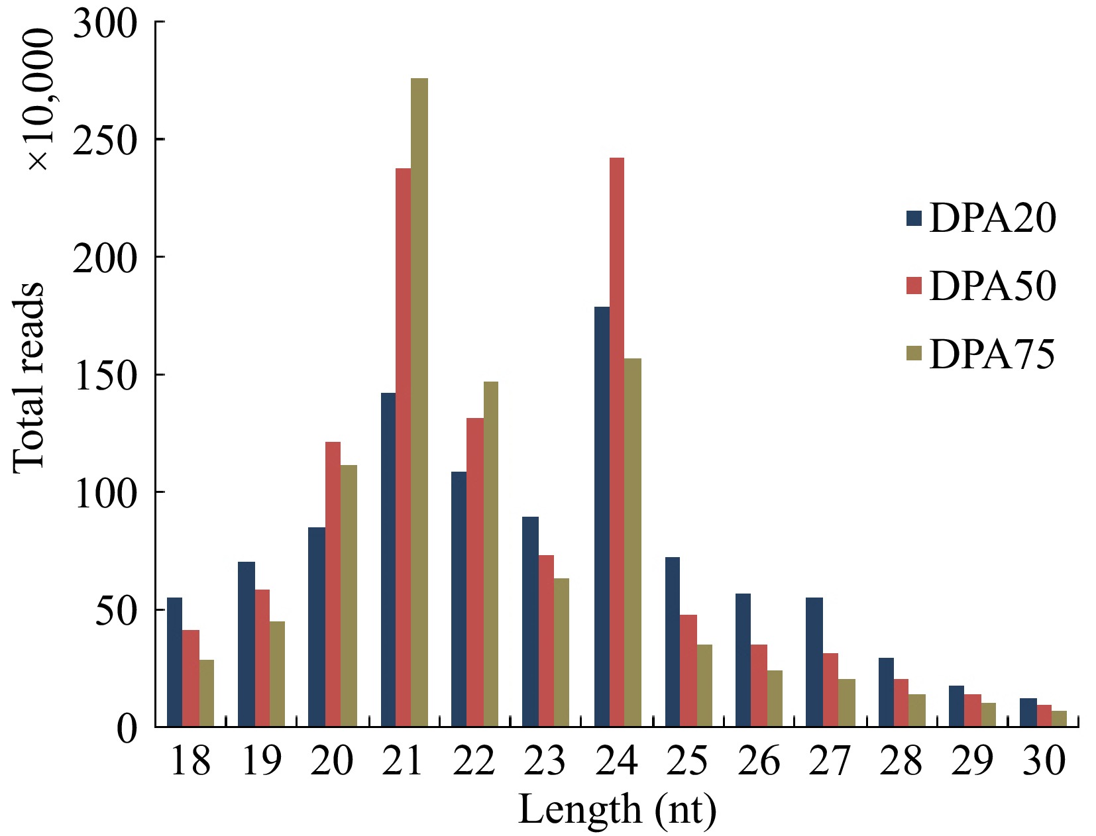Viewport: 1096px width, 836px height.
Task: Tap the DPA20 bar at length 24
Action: click(602, 517)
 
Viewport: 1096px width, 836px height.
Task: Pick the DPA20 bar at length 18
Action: click(174, 662)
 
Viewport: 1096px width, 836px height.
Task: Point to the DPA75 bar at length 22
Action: click(490, 554)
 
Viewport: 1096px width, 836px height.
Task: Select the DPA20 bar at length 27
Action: click(814, 662)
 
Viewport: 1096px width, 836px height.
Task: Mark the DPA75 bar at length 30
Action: click(1059, 719)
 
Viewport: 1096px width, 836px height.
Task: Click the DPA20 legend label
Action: click(992, 218)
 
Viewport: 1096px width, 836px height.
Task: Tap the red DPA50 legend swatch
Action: click(914, 286)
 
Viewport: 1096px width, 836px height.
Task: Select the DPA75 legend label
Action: click(991, 354)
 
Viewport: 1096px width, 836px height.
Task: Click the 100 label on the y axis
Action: click(106, 492)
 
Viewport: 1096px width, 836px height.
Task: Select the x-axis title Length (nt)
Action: click(617, 809)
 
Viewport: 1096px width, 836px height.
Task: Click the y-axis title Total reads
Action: click(29, 378)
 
